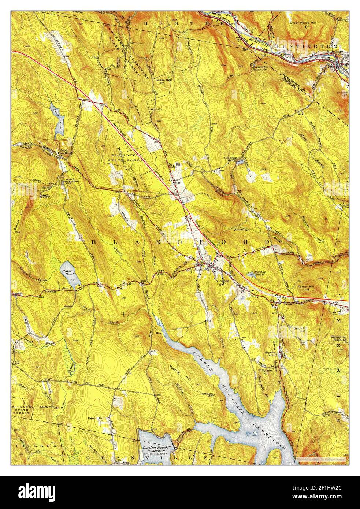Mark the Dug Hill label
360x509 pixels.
pyautogui.click(x=175, y=165)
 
